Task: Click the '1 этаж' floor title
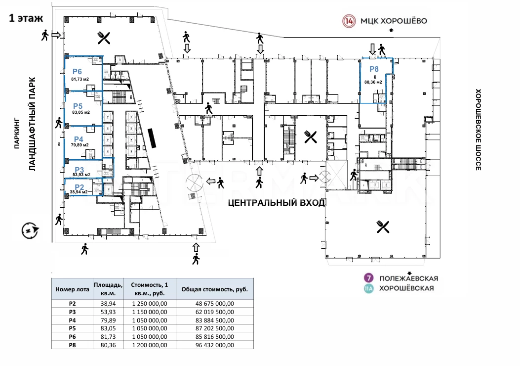pos(26,18)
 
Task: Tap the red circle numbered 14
pos(349,21)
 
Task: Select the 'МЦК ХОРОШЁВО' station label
pos(394,21)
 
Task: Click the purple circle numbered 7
pos(367,278)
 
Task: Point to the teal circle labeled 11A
pos(367,289)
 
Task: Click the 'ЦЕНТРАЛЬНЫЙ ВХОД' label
pos(276,203)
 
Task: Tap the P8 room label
pos(374,69)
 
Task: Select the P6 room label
pos(77,71)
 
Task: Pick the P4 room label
pos(78,139)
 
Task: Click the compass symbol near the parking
pos(30,230)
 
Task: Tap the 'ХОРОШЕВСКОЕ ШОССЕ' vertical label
pos(478,130)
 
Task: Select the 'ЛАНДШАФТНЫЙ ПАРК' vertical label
pos(32,124)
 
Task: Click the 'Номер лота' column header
pos(72,290)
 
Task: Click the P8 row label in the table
pos(72,345)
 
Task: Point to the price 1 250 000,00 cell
pos(150,304)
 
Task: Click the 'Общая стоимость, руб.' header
pos(215,290)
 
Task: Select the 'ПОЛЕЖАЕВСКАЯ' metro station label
pos(409,278)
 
